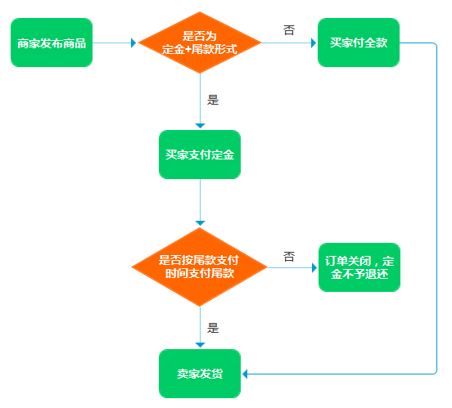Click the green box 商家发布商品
(52, 43)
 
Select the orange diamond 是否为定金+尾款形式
(200, 43)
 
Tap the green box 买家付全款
(359, 43)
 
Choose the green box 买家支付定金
(200, 155)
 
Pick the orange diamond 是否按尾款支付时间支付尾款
(200, 267)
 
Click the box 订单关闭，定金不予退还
(359, 267)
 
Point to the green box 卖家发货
(200, 374)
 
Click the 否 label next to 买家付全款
(289, 30)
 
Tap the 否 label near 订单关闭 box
(289, 257)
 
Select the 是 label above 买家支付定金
(213, 100)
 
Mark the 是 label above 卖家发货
(213, 328)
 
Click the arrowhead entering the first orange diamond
(133, 43)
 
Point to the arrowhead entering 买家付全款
(314, 43)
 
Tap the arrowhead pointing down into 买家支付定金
(200, 126)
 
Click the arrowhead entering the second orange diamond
(200, 223)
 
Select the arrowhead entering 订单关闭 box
(314, 268)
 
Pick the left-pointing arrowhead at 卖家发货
(245, 374)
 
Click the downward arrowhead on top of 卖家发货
(200, 345)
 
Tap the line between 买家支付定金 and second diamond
(200, 201)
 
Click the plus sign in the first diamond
(188, 50)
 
